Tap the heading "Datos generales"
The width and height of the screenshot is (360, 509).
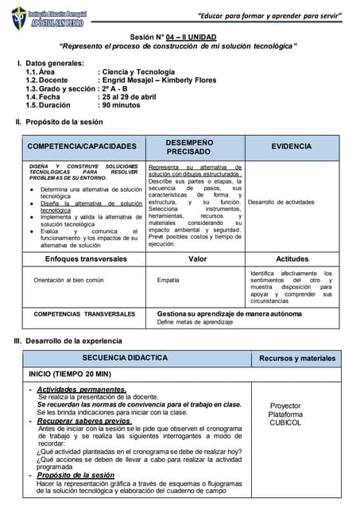coord(55,63)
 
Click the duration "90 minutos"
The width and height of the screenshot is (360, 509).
coord(126,105)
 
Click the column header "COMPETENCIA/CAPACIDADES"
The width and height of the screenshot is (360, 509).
coord(82,146)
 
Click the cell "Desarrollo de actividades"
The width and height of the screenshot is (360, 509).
coord(281,202)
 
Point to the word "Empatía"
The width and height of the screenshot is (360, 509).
coord(168,280)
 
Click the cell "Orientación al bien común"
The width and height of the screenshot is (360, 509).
coord(68,280)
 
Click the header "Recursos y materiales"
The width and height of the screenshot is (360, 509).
coord(296,359)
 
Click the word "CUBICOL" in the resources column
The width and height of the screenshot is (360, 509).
coord(285,423)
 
